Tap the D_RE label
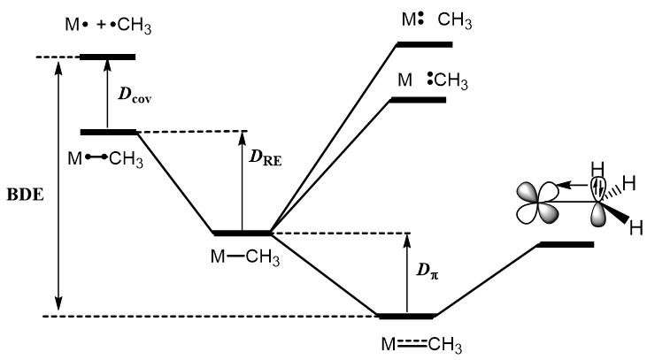pos(266,161)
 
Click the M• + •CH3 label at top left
pos(107,27)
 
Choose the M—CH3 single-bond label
pos(242,257)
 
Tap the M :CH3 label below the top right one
pos(432,80)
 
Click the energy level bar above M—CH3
pos(242,234)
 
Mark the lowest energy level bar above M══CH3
pos(405,316)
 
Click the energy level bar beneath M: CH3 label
pos(424,43)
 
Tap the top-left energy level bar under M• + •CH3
pos(107,57)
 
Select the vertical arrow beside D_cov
pos(107,94)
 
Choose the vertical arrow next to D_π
pos(407,274)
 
